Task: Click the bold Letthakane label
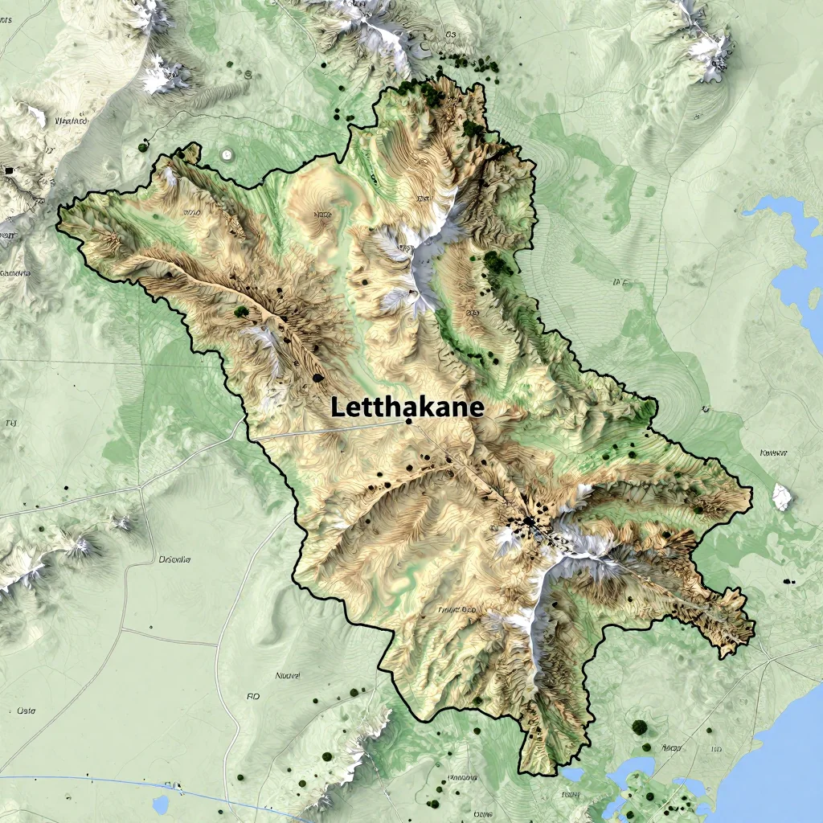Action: pyautogui.click(x=407, y=407)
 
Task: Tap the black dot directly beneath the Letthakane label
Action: pyautogui.click(x=409, y=421)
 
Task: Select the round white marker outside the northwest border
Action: pyautogui.click(x=227, y=154)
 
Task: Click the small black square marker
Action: pyautogui.click(x=9, y=170)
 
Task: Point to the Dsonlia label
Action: pyautogui.click(x=174, y=559)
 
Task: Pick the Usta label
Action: pyautogui.click(x=27, y=710)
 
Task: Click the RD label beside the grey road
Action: pyautogui.click(x=253, y=697)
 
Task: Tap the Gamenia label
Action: pyautogui.click(x=15, y=273)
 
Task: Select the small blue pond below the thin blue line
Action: pyautogui.click(x=161, y=805)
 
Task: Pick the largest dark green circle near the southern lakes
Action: pyautogui.click(x=639, y=727)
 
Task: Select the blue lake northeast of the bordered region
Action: pyautogui.click(x=792, y=257)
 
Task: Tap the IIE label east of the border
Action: pyautogui.click(x=619, y=282)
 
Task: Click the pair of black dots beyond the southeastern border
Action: pyautogui.click(x=788, y=580)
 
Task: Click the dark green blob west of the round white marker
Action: pyautogui.click(x=143, y=146)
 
